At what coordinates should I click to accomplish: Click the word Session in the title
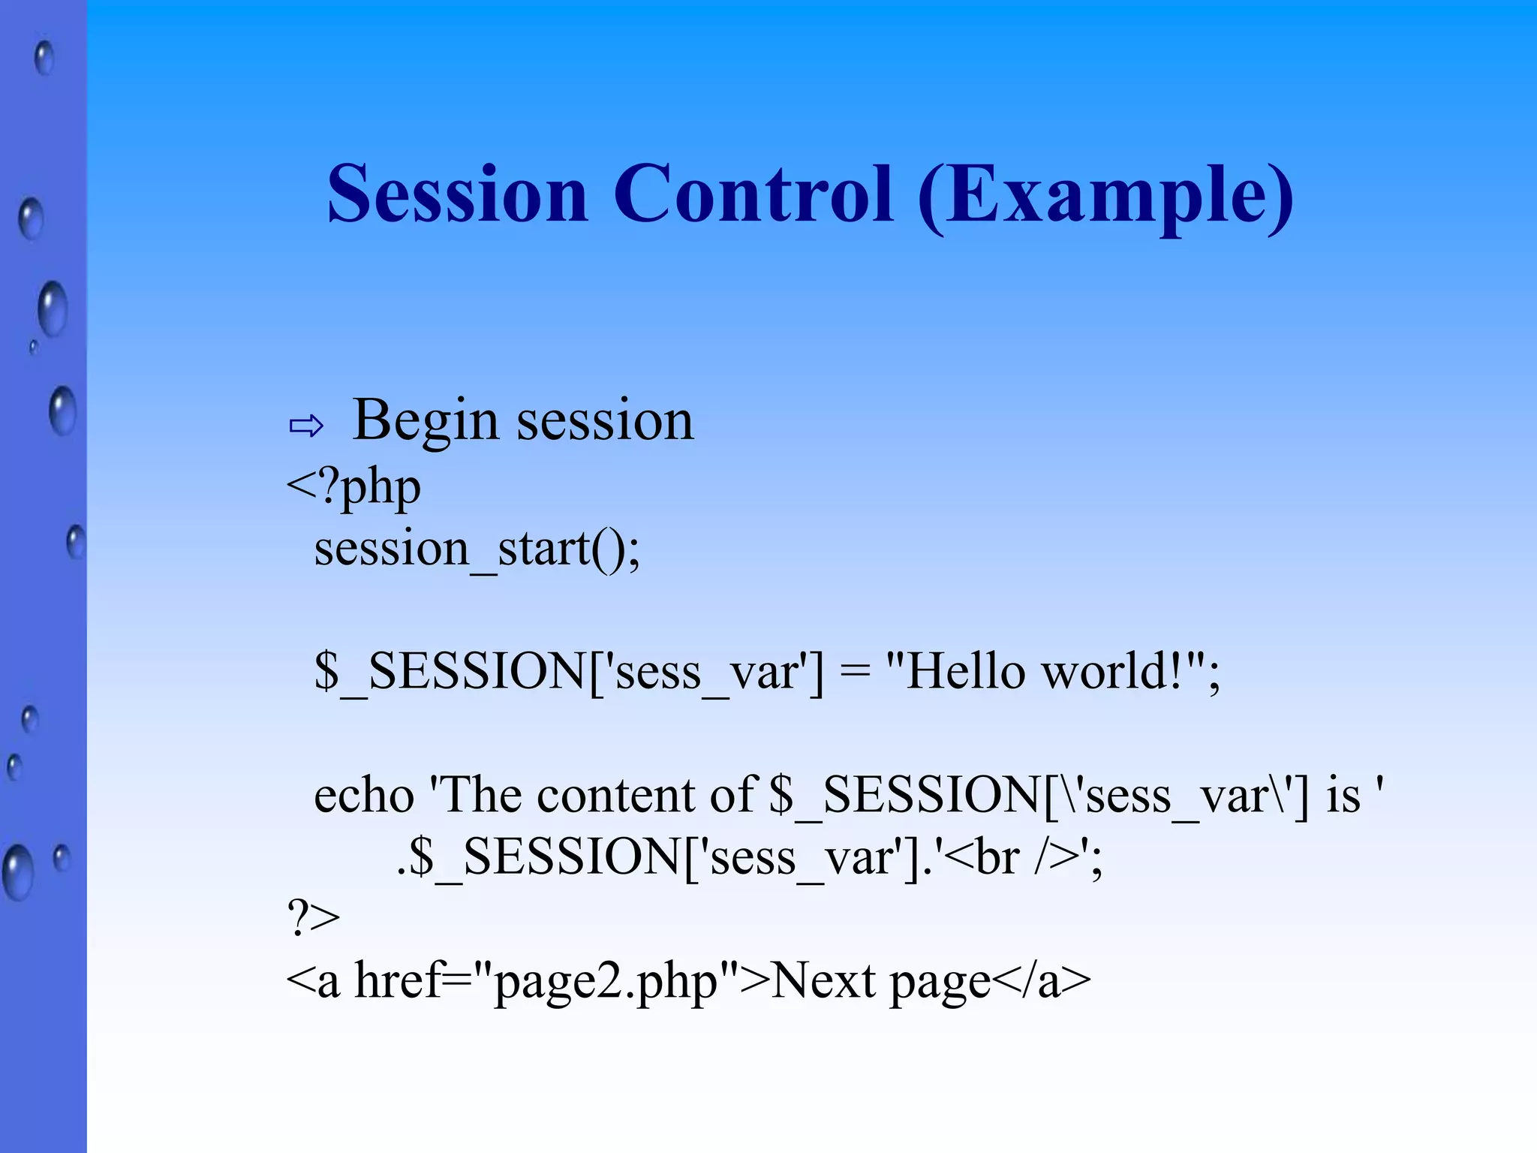[x=457, y=195]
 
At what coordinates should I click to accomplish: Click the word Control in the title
[x=753, y=195]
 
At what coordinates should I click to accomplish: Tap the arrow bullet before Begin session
[x=306, y=426]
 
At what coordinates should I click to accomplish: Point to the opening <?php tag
[x=353, y=488]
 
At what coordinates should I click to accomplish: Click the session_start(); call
[x=477, y=549]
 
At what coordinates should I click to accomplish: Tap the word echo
[x=364, y=796]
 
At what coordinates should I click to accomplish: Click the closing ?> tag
[x=313, y=917]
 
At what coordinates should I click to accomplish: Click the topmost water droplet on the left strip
[x=44, y=58]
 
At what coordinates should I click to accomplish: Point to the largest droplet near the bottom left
[x=17, y=872]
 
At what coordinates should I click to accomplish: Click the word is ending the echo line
[x=1343, y=796]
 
